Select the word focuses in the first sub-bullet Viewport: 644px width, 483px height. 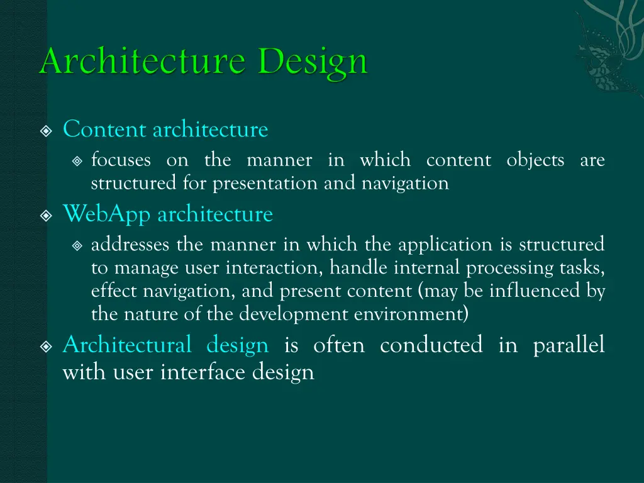pos(121,160)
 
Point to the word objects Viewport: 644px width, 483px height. pos(535,160)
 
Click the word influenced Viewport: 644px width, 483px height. pos(538,291)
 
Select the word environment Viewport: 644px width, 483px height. pos(413,314)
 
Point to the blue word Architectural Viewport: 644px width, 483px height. pos(127,345)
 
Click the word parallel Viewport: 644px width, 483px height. pos(569,345)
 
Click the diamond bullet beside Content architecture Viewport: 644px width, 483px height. pos(46,131)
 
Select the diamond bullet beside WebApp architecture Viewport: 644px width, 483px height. pos(46,216)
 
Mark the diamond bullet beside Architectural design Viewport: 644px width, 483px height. pos(46,347)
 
